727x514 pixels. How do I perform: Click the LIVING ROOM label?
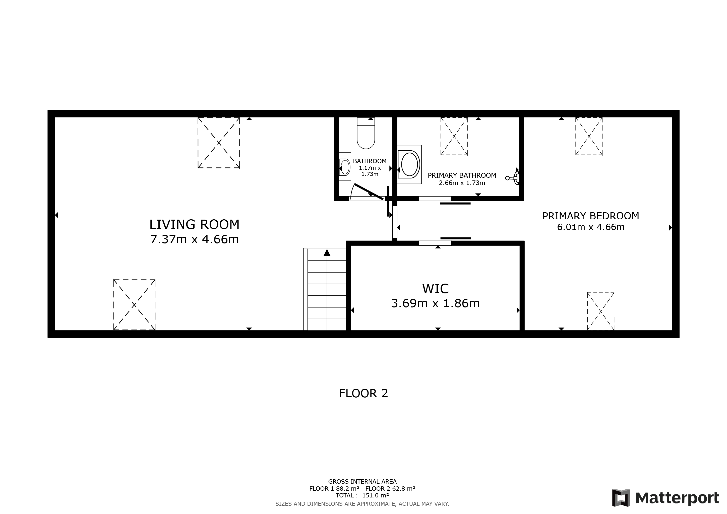coord(194,224)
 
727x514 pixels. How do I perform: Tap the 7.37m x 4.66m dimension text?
coord(194,239)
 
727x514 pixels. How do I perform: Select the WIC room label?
coord(435,289)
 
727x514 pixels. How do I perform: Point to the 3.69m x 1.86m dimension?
coord(435,303)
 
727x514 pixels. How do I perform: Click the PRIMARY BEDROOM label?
coord(590,216)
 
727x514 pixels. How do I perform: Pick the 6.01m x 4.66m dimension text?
coord(590,227)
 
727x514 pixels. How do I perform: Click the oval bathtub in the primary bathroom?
coord(409,164)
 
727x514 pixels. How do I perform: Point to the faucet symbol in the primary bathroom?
coord(513,178)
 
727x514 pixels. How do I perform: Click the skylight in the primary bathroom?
coord(454,136)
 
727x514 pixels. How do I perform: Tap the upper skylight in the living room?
coord(218,143)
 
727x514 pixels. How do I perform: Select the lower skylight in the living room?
coord(134,305)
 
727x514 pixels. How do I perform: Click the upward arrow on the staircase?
coord(327,252)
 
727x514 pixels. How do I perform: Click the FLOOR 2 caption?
coord(363,394)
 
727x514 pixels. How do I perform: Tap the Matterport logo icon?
coord(621,497)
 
